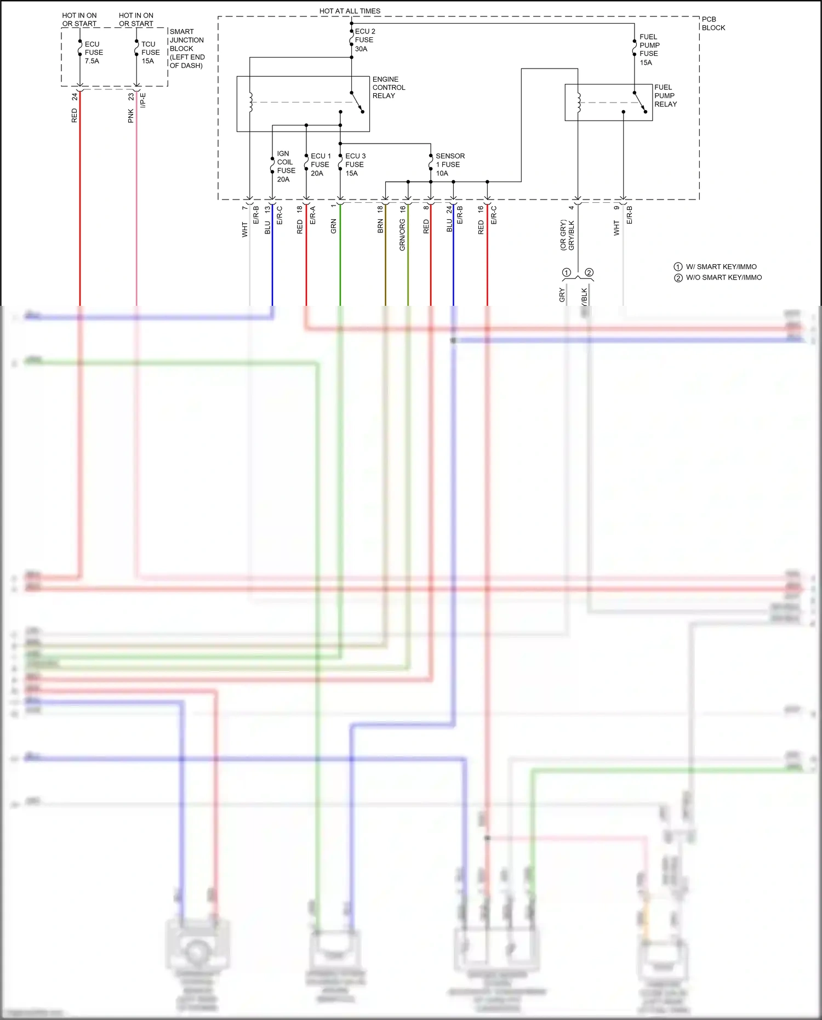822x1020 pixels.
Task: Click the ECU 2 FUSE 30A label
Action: click(364, 40)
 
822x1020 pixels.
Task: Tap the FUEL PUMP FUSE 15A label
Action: click(649, 49)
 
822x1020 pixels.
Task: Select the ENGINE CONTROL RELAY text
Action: click(389, 87)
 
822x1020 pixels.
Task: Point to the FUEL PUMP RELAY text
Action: click(665, 95)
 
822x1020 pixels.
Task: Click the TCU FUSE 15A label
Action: click(150, 53)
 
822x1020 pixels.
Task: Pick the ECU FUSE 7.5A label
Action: click(93, 53)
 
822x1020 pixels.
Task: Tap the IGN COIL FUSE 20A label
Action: click(286, 167)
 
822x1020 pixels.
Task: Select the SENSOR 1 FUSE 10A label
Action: click(449, 164)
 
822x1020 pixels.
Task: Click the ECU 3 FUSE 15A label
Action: click(355, 164)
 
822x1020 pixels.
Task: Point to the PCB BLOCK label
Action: click(713, 23)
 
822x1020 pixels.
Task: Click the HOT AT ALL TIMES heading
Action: click(350, 11)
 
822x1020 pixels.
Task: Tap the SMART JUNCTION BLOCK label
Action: click(186, 48)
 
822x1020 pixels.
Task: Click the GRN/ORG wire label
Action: click(402, 235)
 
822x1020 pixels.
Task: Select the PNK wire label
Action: click(131, 116)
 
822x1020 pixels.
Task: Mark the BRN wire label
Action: click(380, 226)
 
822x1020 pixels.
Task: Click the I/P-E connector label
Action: click(143, 100)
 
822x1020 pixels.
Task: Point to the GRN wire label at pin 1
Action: click(333, 226)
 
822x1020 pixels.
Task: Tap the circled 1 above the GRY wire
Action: click(567, 272)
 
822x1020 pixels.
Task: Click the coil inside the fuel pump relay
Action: click(579, 102)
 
